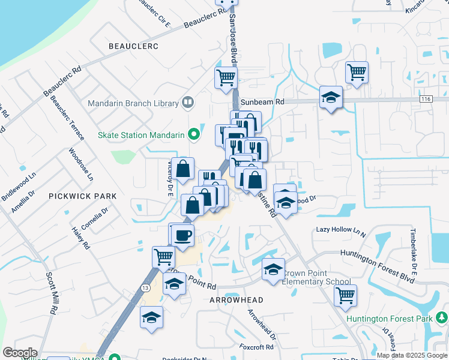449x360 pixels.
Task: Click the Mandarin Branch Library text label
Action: point(133,103)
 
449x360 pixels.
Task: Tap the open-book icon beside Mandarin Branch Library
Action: point(188,103)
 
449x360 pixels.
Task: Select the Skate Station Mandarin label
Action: point(142,135)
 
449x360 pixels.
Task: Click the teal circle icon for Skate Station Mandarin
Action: point(193,135)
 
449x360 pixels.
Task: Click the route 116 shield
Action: point(426,98)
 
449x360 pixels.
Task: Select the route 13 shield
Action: point(146,288)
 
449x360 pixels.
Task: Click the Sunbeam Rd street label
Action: point(262,102)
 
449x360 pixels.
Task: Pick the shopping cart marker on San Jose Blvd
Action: point(226,77)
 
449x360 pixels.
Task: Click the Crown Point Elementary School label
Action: point(316,277)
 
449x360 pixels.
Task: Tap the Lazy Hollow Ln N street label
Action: point(341,230)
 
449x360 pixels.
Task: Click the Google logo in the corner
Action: point(20,353)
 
